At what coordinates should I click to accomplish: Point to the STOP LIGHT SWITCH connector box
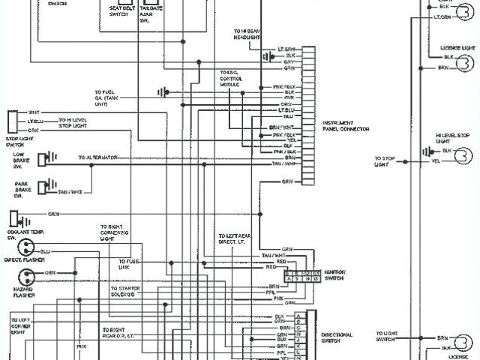(x=11, y=120)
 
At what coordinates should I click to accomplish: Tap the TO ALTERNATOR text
(x=98, y=157)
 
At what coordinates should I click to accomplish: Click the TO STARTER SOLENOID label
(x=124, y=289)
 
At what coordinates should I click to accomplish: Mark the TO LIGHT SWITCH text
(x=386, y=336)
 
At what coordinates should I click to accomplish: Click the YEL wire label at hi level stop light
(x=436, y=161)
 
